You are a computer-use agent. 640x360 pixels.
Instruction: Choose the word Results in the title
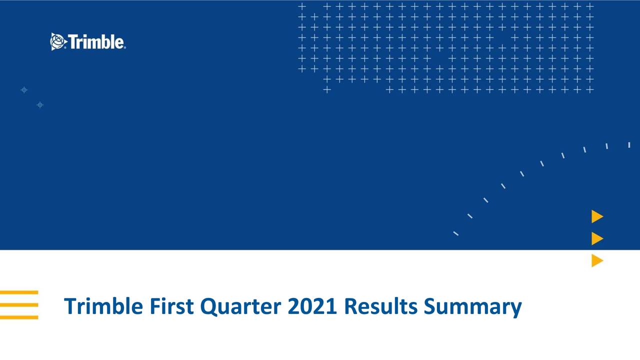coord(381,306)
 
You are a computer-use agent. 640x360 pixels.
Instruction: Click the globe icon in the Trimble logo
coord(58,41)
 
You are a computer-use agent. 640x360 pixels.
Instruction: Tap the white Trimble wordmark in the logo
coord(96,42)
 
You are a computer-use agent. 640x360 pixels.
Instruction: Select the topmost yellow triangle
coord(597,216)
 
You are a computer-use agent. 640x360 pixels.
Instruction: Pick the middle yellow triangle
coord(597,238)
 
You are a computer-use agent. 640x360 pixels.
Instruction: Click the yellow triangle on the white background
coord(597,260)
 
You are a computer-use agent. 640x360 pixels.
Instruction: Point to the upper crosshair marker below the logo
coord(24,90)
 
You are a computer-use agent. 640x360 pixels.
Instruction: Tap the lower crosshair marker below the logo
coord(40,104)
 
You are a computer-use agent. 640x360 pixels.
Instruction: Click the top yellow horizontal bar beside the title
coord(19,292)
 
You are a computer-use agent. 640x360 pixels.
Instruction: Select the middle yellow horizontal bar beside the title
coord(19,304)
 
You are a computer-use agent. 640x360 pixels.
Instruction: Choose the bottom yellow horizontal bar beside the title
coord(19,317)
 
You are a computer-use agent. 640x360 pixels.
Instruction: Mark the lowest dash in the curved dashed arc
coord(455,233)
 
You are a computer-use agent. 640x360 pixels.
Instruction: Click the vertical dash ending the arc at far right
coord(629,145)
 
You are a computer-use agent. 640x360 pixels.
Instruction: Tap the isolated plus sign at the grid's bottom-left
coord(327,90)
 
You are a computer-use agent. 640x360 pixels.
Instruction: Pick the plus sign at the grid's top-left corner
coord(302,6)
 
